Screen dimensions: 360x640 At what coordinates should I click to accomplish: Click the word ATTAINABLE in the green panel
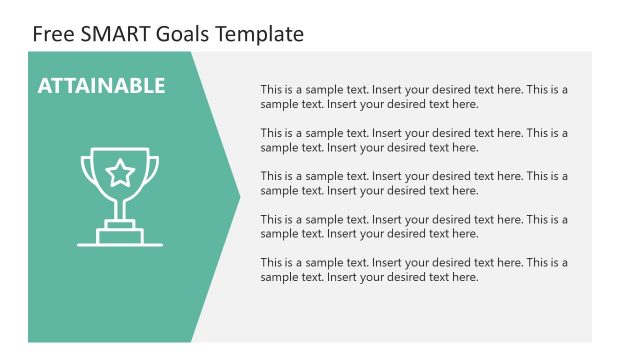coord(101,86)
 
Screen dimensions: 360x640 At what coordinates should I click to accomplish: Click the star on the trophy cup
coord(120,173)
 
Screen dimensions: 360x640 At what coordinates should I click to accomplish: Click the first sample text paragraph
coord(414,96)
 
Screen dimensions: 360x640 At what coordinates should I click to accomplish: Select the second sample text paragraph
coord(414,140)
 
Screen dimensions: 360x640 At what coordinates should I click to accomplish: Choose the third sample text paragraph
coord(414,183)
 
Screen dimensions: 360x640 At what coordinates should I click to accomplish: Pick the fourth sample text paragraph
coord(414,226)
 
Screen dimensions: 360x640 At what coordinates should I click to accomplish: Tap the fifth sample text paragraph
coord(414,270)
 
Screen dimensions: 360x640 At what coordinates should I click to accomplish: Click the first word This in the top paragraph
coord(272,89)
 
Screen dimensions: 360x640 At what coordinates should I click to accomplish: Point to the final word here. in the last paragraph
coord(465,277)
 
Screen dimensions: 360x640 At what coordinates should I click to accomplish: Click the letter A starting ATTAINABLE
coord(45,86)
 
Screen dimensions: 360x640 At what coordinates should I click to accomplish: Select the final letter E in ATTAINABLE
coord(159,86)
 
